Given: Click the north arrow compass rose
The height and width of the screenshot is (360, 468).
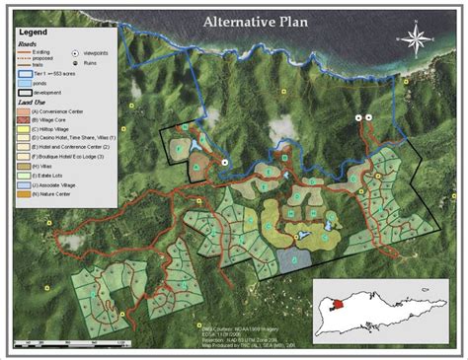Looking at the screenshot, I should coord(416,40).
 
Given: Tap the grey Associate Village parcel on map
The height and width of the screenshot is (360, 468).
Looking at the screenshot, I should coord(292,259).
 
